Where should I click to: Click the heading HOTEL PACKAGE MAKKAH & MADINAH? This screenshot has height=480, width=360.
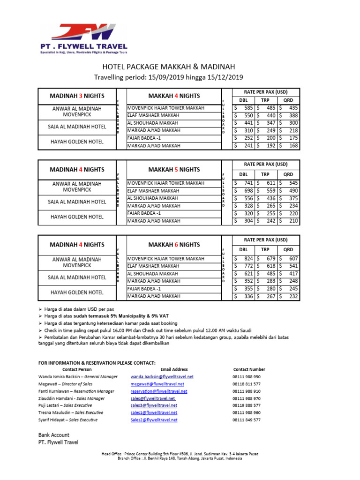click(168, 67)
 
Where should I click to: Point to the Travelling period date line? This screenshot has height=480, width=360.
click(168, 77)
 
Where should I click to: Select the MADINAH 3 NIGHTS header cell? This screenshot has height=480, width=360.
click(77, 96)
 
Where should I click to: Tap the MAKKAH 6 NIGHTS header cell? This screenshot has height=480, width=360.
click(174, 245)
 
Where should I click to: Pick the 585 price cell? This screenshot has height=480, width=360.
click(244, 108)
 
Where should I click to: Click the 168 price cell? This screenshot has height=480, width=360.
click(289, 146)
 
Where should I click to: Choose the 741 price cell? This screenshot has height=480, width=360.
click(244, 183)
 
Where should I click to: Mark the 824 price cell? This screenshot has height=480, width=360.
click(244, 258)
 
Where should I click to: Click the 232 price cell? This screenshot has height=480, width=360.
click(289, 296)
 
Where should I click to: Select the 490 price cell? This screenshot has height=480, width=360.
click(289, 190)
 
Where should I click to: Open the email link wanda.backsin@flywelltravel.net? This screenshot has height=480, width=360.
click(162, 376)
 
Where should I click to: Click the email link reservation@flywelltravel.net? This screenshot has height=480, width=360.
click(159, 391)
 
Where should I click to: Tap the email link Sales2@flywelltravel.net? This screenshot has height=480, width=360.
click(154, 420)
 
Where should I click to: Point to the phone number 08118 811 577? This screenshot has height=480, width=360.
click(247, 384)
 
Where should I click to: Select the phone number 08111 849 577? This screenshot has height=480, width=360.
click(247, 420)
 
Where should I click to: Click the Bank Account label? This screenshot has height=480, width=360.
click(53, 435)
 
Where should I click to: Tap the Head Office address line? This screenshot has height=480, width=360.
click(180, 454)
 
